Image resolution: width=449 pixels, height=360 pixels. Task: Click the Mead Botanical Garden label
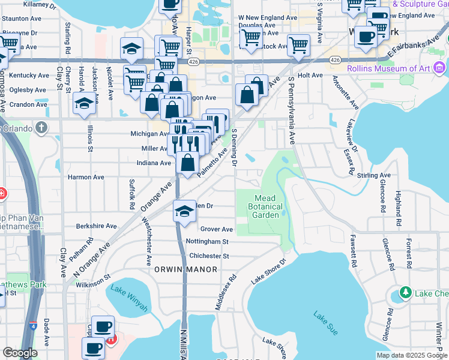(265, 207)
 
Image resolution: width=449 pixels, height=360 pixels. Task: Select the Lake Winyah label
(128, 299)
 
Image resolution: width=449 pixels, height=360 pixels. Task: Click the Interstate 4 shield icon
(32, 326)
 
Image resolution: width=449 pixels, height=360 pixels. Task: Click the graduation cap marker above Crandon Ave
(84, 102)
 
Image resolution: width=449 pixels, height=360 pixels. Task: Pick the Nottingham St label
(208, 242)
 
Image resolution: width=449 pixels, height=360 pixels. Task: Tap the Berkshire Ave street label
(96, 226)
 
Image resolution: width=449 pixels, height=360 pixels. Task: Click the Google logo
(20, 353)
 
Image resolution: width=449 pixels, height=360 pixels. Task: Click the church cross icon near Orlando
(41, 127)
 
